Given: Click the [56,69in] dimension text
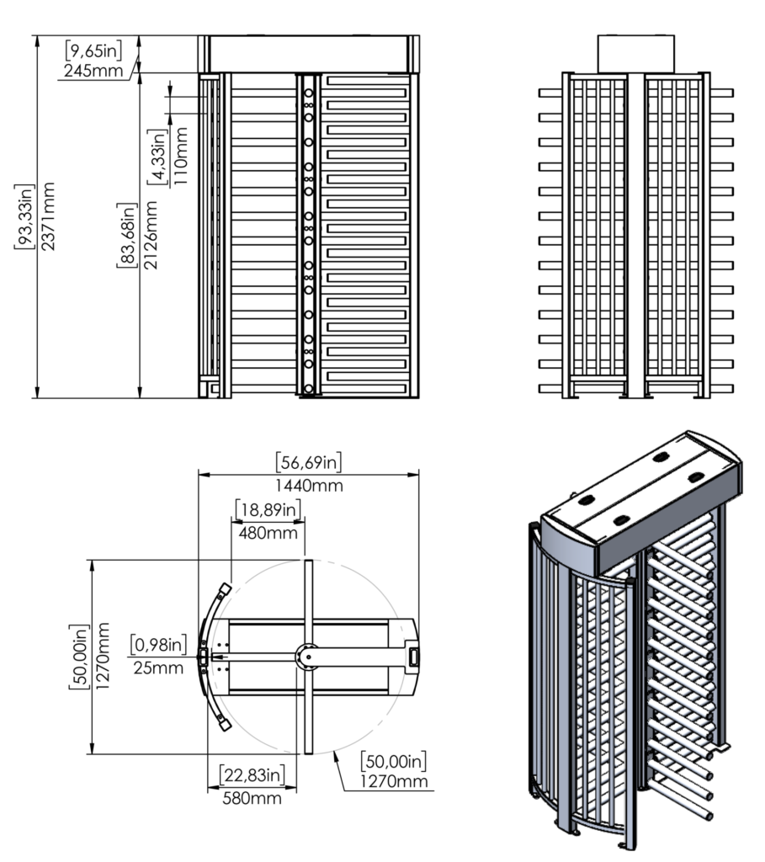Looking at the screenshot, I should pyautogui.click(x=308, y=462).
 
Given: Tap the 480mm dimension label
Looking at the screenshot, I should pyautogui.click(x=268, y=533).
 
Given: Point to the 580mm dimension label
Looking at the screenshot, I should pyautogui.click(x=252, y=796).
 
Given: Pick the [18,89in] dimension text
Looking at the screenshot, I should pyautogui.click(x=268, y=509).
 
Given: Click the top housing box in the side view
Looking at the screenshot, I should pyautogui.click(x=635, y=53).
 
